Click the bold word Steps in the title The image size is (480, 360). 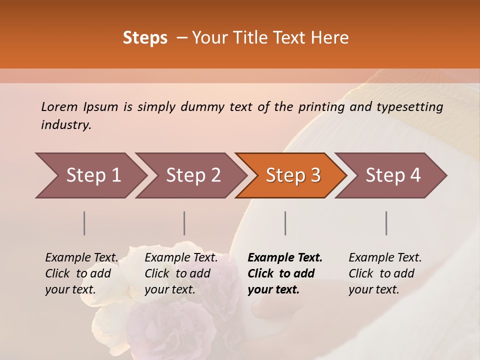pos(145,38)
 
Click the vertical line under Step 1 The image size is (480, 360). pos(84,223)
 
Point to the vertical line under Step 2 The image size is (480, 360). pos(184,223)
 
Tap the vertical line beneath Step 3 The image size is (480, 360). pos(285,223)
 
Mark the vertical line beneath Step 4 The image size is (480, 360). pos(386,223)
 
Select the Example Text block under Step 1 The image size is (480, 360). pos(81,273)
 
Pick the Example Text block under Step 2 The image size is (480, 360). pos(181,273)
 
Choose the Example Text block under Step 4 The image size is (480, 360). pos(385,273)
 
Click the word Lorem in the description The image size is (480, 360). pos(59,106)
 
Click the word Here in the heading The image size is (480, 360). pos(330,38)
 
